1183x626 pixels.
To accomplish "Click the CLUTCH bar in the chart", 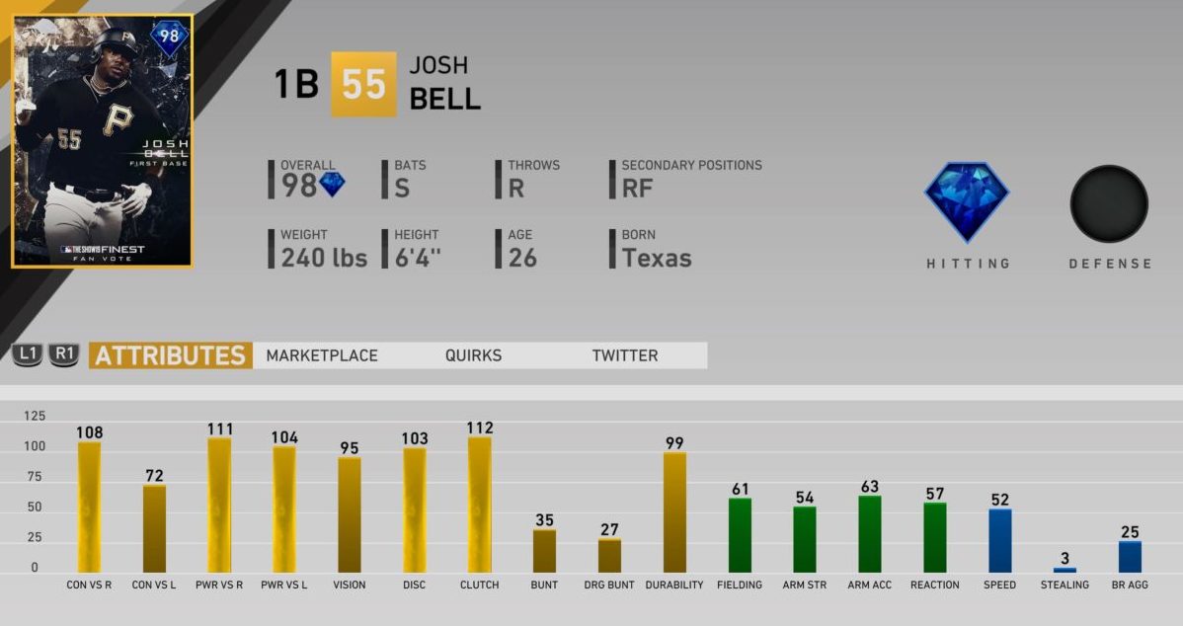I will [479, 505].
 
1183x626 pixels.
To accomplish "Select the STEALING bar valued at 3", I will [1065, 570].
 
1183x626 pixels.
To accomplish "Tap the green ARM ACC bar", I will [869, 534].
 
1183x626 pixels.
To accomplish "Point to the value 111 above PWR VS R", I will [219, 429].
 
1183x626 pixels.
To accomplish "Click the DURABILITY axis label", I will [674, 585].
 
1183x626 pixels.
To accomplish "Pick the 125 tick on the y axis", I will [35, 416].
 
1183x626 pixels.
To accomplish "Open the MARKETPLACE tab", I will [322, 355].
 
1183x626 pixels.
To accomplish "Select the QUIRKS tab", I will [473, 355].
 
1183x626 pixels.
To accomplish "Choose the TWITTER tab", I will [625, 355].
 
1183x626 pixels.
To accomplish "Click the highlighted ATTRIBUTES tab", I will [171, 355].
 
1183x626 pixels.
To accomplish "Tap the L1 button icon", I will [27, 354].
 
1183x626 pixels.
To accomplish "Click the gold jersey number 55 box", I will [363, 85].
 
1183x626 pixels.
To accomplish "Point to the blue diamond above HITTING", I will [967, 202].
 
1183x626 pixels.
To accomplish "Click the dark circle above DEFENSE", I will [1109, 203].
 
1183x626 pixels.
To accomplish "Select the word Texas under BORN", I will [657, 259].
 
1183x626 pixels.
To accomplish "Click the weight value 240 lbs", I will [324, 259].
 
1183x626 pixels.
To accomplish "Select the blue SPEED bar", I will [999, 540].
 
